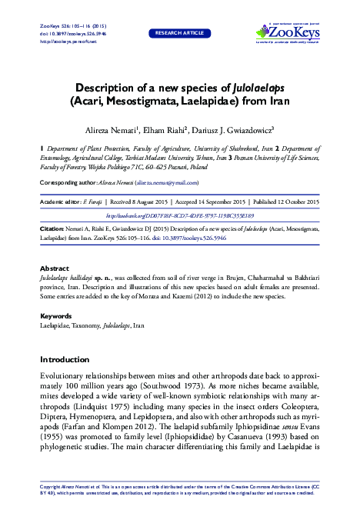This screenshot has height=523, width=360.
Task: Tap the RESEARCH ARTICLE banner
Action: (x=180, y=34)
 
